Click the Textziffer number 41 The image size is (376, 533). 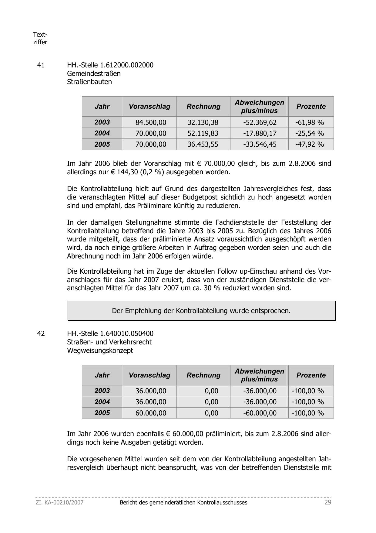(41, 65)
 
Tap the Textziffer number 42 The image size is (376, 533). (41, 333)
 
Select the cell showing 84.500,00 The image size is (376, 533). (151, 122)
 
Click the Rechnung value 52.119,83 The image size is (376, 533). (203, 133)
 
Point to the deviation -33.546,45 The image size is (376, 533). (260, 144)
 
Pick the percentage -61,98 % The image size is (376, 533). (309, 122)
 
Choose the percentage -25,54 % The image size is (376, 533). (309, 133)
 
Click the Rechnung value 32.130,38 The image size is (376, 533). (203, 122)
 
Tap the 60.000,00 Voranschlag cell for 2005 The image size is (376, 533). (151, 413)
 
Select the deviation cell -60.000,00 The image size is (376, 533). (260, 413)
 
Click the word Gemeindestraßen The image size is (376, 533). (94, 73)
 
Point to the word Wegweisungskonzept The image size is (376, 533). (100, 350)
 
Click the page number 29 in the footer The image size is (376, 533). (327, 502)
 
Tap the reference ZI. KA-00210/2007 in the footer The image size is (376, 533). (59, 502)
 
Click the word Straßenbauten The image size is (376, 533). (89, 82)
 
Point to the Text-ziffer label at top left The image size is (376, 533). (40, 39)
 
